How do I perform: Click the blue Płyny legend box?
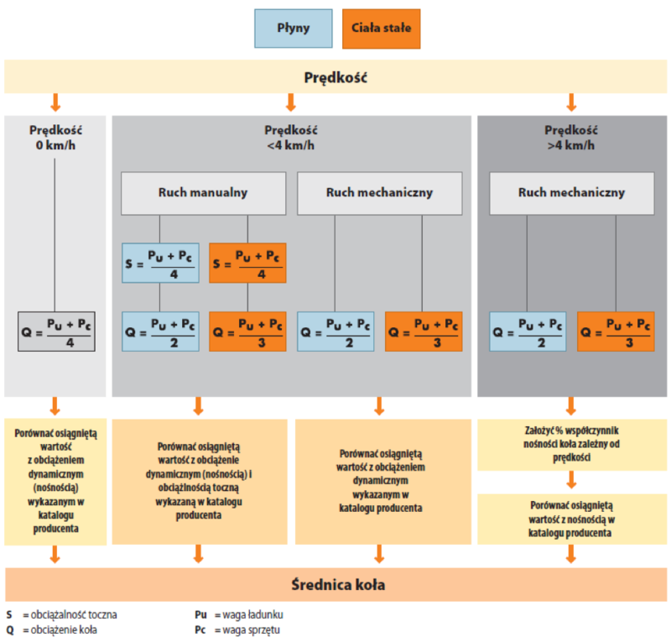pos(294,28)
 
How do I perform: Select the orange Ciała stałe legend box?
pos(382,28)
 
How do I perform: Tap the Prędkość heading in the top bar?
pos(335,78)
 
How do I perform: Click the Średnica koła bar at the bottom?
pos(335,584)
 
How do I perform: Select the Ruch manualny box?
pos(203,193)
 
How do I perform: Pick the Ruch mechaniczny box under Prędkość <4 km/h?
pos(379,193)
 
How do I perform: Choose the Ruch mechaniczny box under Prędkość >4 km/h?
pos(571,193)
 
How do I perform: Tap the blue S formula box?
pos(161,263)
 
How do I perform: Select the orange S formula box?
pos(247,263)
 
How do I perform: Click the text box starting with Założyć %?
pos(571,444)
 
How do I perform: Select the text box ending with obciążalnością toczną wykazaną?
pos(199,481)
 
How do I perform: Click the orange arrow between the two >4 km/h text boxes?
pos(571,481)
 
